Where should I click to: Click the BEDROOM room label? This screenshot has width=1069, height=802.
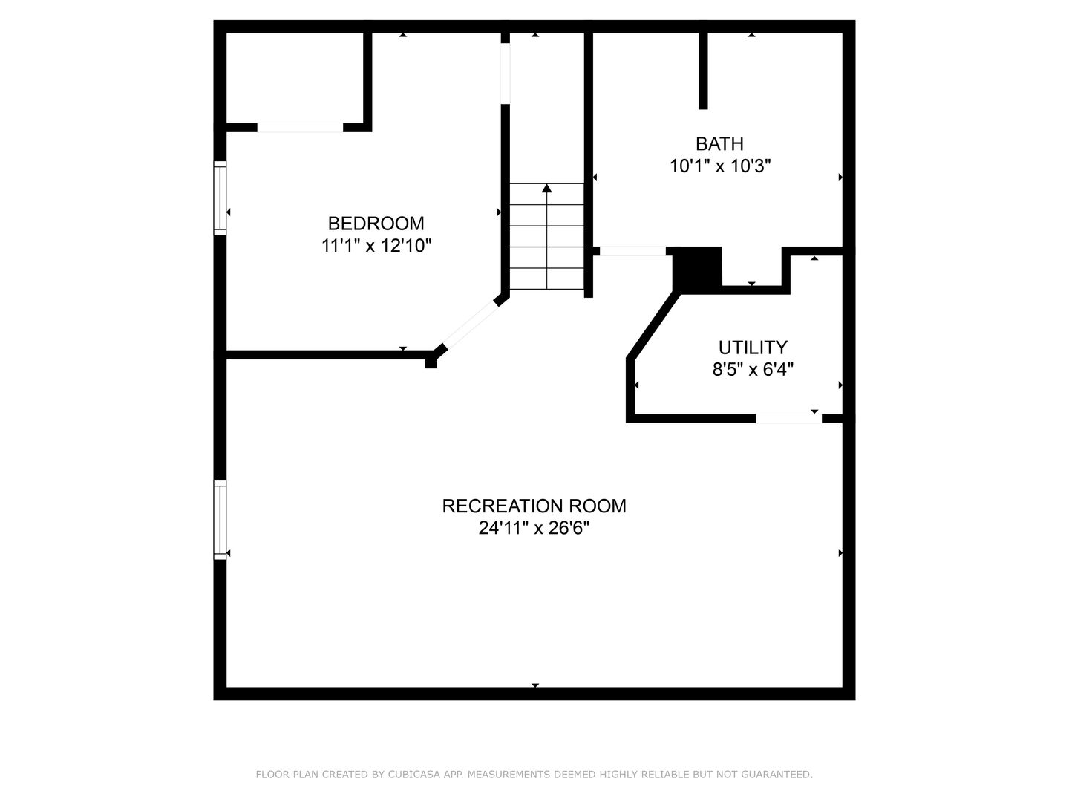[376, 224]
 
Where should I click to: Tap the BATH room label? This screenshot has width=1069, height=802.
[719, 143]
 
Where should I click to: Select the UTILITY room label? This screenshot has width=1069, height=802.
[753, 348]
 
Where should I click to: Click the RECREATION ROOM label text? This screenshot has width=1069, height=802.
[534, 506]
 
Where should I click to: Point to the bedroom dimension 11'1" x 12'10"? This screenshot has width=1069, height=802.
[376, 245]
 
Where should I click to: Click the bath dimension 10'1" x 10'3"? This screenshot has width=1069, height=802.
[720, 166]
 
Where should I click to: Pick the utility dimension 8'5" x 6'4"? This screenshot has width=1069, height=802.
[753, 370]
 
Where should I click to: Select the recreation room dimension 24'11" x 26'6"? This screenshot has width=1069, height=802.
[534, 528]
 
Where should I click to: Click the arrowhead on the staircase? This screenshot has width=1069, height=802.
[546, 188]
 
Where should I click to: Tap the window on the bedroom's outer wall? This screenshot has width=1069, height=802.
[220, 198]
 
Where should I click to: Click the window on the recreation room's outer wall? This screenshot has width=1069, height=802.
[220, 520]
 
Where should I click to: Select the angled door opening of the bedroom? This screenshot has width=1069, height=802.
[471, 324]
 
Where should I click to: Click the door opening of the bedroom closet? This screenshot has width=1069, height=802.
[300, 128]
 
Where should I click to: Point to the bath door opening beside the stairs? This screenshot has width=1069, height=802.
[632, 251]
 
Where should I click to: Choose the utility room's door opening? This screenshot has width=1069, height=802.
[788, 418]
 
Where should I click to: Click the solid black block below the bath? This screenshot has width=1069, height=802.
[697, 270]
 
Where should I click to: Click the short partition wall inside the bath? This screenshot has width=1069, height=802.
[703, 71]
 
